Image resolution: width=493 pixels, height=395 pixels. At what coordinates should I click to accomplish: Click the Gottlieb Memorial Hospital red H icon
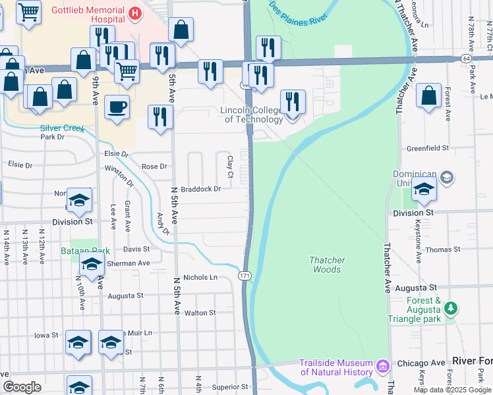click(135, 13)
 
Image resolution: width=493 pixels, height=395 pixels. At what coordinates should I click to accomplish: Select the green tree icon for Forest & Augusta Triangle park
click(451, 307)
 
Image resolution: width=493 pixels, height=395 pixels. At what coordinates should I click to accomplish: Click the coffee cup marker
click(117, 107)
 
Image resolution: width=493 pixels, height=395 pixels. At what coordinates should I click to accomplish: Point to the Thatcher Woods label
click(327, 265)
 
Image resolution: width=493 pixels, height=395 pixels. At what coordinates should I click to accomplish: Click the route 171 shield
click(245, 275)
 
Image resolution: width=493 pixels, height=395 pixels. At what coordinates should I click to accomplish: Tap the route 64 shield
click(466, 59)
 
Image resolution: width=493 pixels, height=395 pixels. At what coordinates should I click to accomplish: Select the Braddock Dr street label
click(200, 188)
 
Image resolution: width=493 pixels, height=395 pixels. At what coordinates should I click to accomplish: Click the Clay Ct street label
click(230, 166)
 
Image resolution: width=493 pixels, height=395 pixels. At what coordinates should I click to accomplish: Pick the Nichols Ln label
click(200, 277)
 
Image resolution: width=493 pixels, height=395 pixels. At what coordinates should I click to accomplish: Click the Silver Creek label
click(62, 128)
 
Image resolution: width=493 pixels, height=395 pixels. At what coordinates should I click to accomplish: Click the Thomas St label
click(443, 250)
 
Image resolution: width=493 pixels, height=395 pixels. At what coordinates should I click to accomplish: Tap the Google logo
click(22, 387)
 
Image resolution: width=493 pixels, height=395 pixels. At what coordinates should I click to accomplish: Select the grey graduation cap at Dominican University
click(447, 177)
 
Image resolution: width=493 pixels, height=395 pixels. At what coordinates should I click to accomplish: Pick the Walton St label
click(200, 313)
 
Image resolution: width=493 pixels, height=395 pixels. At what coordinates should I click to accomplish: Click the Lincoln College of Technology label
click(253, 115)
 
